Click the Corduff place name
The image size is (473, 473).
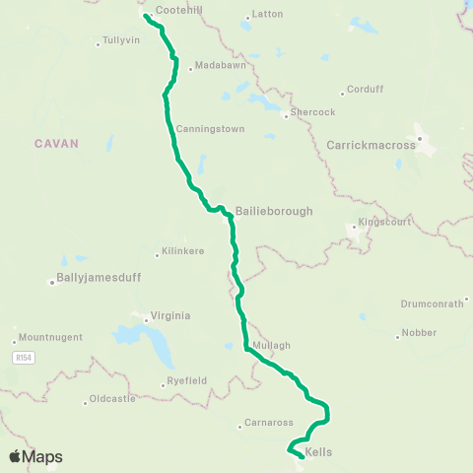364,91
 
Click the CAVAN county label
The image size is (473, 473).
55,143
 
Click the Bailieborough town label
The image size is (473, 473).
274,211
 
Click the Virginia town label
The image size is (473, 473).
169,317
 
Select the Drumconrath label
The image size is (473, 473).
432,304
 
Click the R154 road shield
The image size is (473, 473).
25,358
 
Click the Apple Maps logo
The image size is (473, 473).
35,456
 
